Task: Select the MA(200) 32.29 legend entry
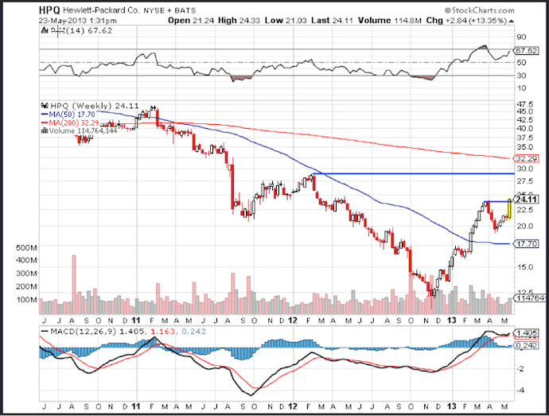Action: pos(68,122)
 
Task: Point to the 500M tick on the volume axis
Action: pos(26,248)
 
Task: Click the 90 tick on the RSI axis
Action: pos(522,37)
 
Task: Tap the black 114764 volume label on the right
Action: pos(530,298)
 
